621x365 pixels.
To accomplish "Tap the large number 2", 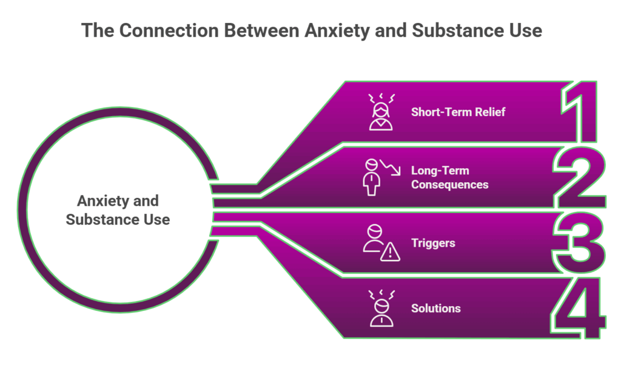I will point(580,177).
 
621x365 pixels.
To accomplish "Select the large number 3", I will point(580,243).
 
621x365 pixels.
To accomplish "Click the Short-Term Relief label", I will point(458,112).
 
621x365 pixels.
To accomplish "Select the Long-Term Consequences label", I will point(449,177).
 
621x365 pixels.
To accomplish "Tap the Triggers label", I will point(433,243).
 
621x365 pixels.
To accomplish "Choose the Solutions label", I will point(435,308).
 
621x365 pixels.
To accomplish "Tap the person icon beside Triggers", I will point(374,239).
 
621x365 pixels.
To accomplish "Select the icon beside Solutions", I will point(381,308).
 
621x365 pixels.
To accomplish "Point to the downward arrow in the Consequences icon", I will point(392,168).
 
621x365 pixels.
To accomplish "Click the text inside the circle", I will point(118,210).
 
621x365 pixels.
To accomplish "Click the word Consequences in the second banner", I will point(449,184).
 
